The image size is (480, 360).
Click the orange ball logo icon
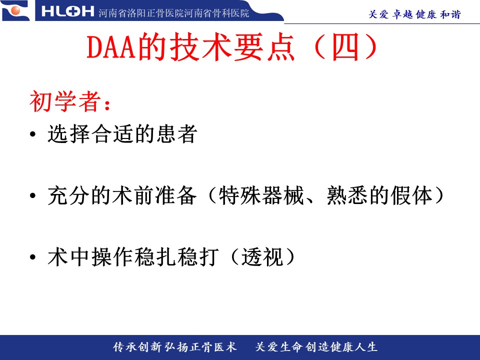point(15,10)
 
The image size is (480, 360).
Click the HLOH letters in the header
point(67,11)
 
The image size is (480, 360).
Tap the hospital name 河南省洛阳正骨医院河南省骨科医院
point(174,13)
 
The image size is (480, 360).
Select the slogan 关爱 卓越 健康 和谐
point(414,14)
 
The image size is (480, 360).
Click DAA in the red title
point(111,47)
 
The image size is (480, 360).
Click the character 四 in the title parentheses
point(345,47)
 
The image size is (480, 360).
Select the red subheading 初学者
point(65,101)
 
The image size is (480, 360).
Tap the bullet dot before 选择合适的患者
point(33,134)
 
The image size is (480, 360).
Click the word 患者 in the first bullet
point(176,134)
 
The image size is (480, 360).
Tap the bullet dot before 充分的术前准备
point(33,195)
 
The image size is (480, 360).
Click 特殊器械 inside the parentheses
point(261,195)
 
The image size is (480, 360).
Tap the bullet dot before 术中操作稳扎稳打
point(33,257)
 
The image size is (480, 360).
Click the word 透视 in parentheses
point(261,256)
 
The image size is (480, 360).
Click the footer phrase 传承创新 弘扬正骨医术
point(174,347)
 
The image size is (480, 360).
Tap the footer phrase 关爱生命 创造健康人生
point(316,347)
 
